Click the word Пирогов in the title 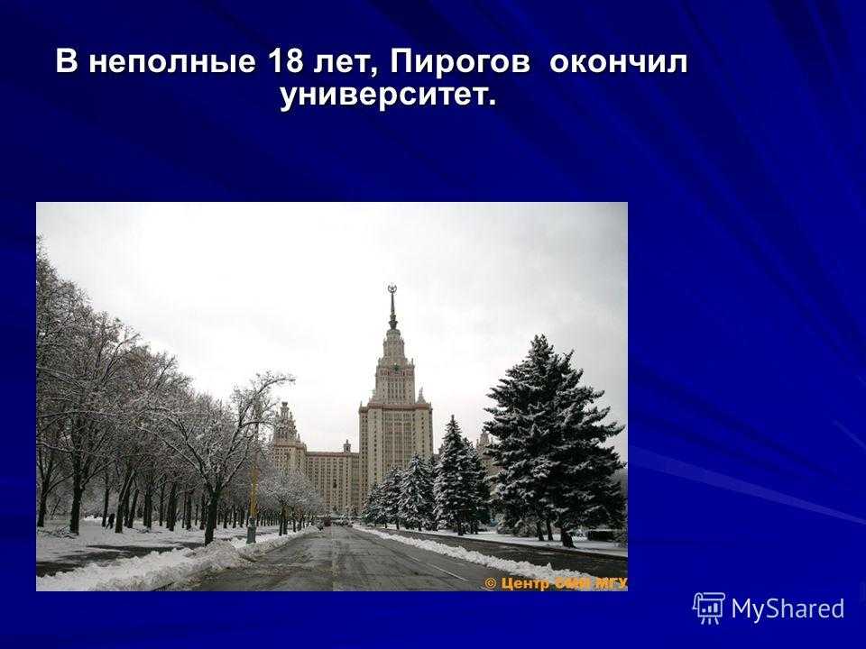[460, 62]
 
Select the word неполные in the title [172, 63]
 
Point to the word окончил [619, 63]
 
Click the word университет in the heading [382, 96]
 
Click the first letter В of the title [66, 61]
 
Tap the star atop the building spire [392, 288]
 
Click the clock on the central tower [395, 367]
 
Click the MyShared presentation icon [709, 608]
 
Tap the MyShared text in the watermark [788, 609]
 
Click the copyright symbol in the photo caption [491, 583]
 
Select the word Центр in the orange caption [517, 584]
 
